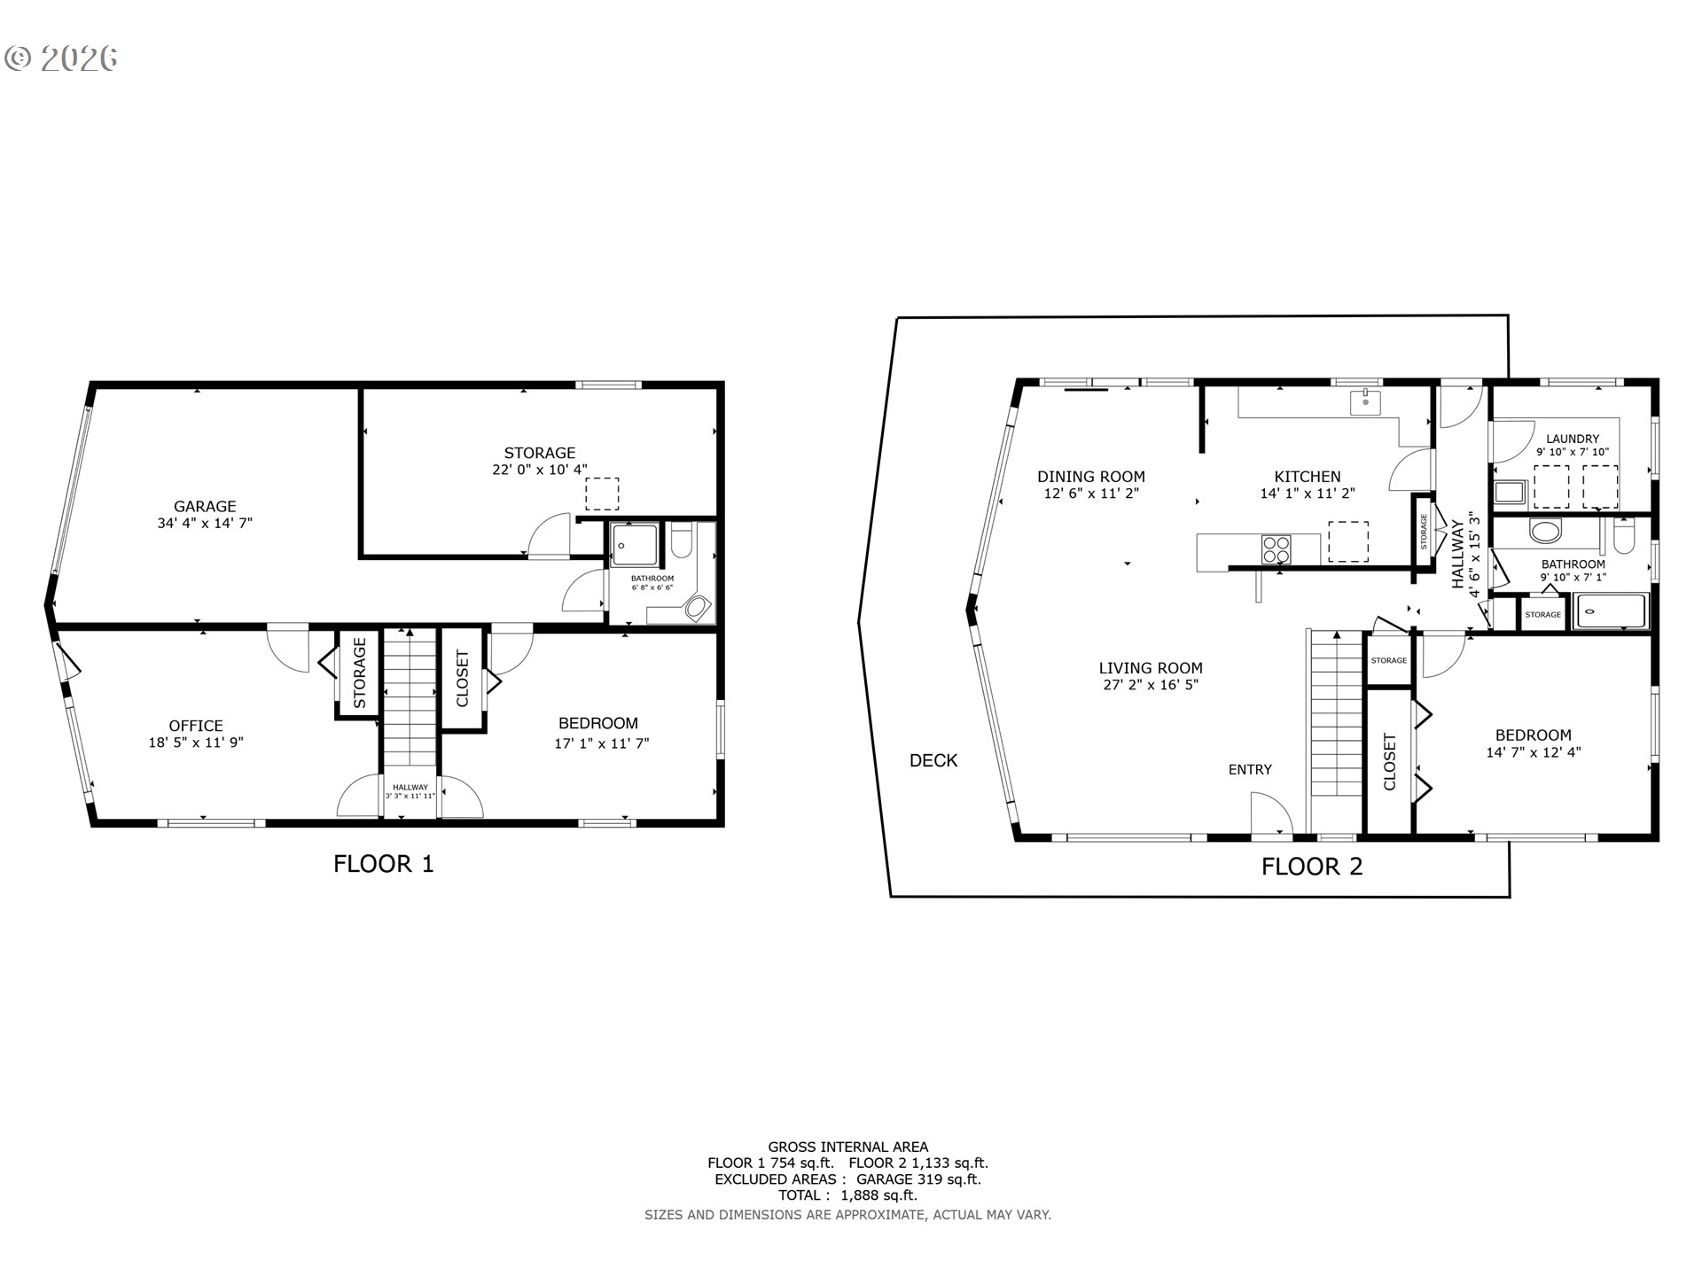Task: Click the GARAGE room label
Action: (x=205, y=507)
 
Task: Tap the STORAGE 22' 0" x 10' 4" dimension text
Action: (x=539, y=470)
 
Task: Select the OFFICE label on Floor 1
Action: (x=196, y=726)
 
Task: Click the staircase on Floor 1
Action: (x=410, y=700)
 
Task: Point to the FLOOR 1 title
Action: (x=383, y=864)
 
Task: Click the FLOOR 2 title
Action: (x=1311, y=867)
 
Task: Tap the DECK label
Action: (x=933, y=760)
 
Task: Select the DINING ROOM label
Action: (x=1090, y=477)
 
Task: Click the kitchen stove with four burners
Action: (x=1276, y=549)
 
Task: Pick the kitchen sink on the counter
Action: (x=1365, y=403)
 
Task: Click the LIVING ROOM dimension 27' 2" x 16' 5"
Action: (x=1151, y=685)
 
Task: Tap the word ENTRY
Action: (x=1250, y=770)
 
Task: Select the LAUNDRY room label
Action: (x=1572, y=439)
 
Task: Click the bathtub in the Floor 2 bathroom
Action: (x=1609, y=611)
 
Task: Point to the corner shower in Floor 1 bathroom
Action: (x=635, y=545)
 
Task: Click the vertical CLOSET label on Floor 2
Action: (x=1389, y=762)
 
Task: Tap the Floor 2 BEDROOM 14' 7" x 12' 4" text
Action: (x=1533, y=753)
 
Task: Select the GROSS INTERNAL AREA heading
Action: (x=847, y=1147)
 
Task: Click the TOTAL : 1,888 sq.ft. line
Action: (x=847, y=1194)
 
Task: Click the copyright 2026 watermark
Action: (x=62, y=58)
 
